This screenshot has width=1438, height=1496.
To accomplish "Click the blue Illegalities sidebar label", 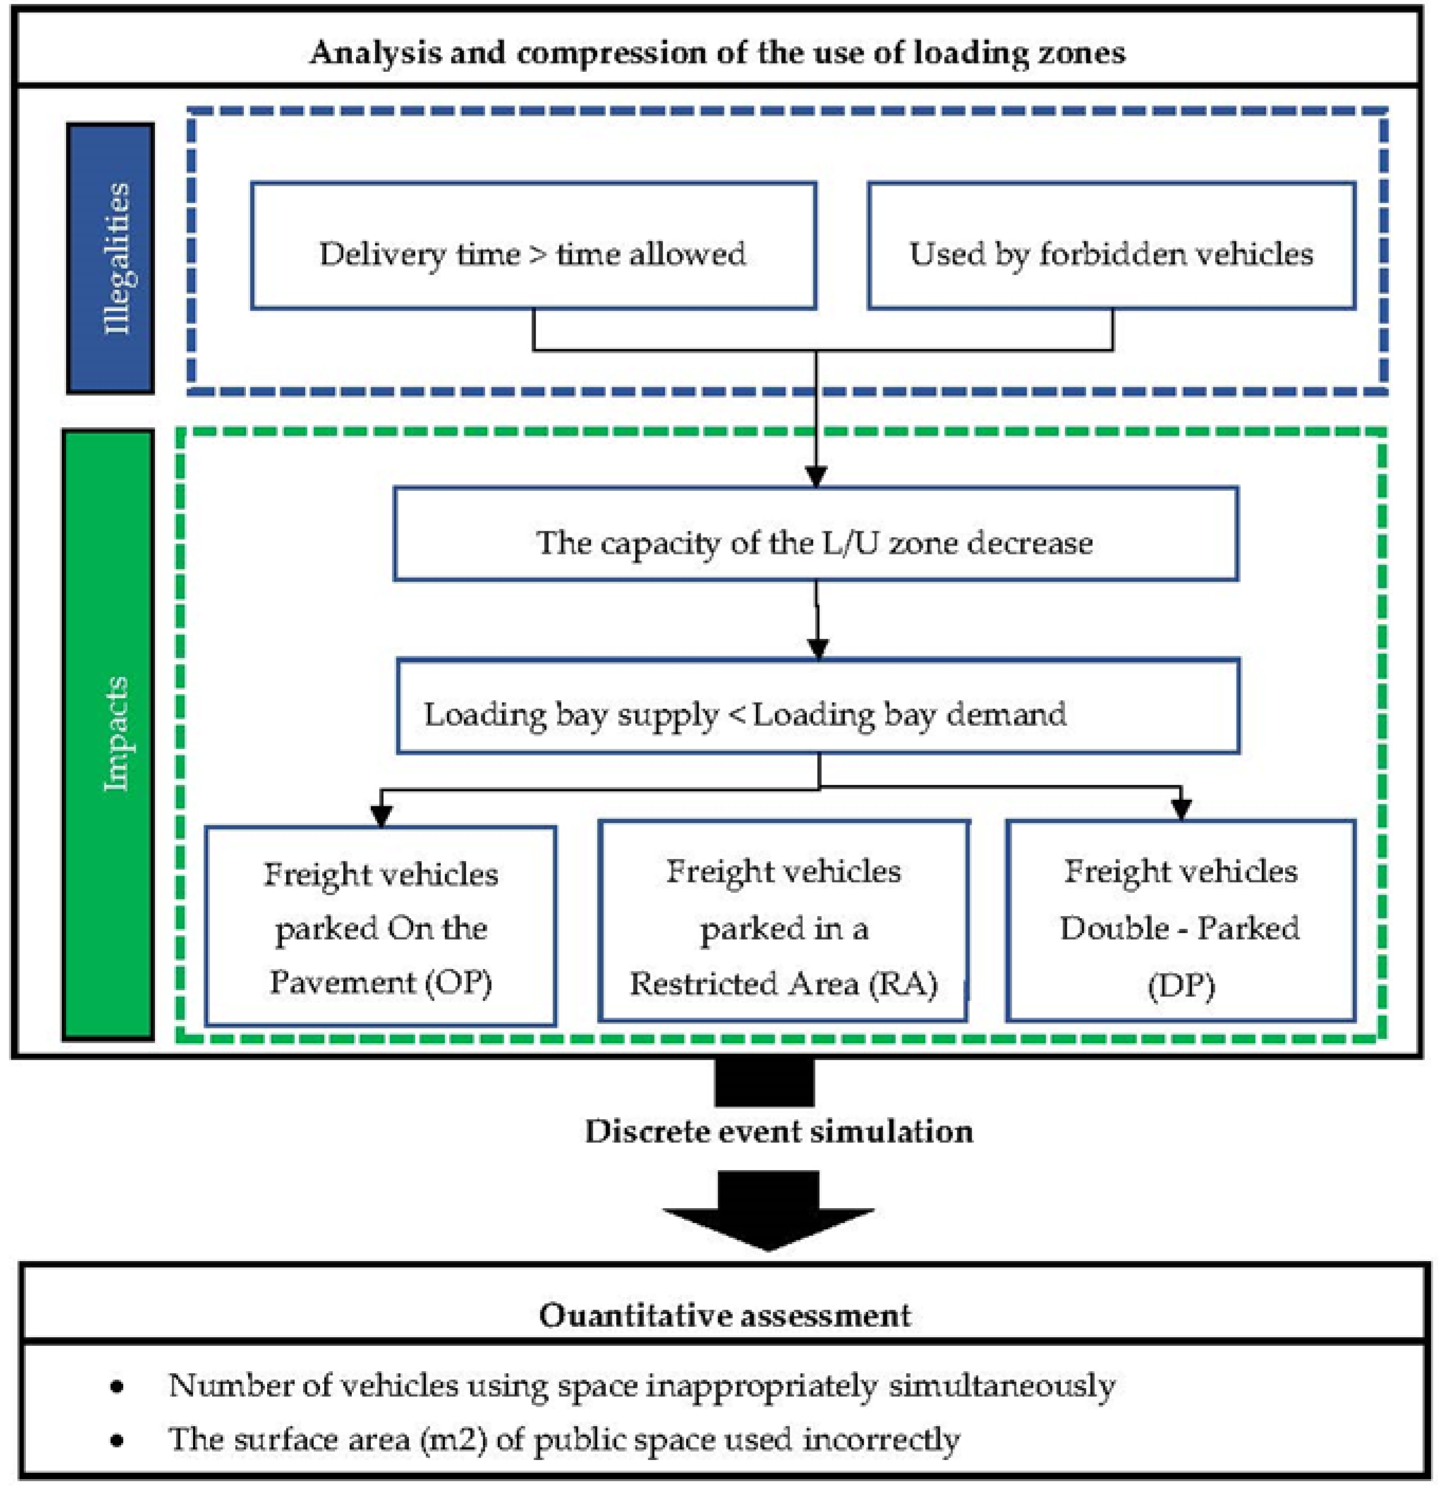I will (x=111, y=258).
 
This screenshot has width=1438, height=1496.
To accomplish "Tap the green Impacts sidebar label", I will (x=108, y=734).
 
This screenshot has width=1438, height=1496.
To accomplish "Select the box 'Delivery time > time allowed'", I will (x=533, y=247).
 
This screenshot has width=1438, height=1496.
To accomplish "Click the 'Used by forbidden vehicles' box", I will (x=1111, y=247).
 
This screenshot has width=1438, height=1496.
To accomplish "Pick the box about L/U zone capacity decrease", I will (x=815, y=534).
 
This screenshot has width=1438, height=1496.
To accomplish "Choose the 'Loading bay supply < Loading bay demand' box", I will (x=817, y=707).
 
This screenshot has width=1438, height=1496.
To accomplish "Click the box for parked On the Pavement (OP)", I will (x=380, y=926).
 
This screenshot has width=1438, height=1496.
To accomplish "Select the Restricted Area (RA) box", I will (x=783, y=922).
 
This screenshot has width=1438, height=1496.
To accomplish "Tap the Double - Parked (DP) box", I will (x=1180, y=922).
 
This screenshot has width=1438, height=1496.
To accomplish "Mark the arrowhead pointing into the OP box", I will (x=380, y=816).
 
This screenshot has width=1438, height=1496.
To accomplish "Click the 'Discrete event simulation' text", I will (x=778, y=1131).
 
